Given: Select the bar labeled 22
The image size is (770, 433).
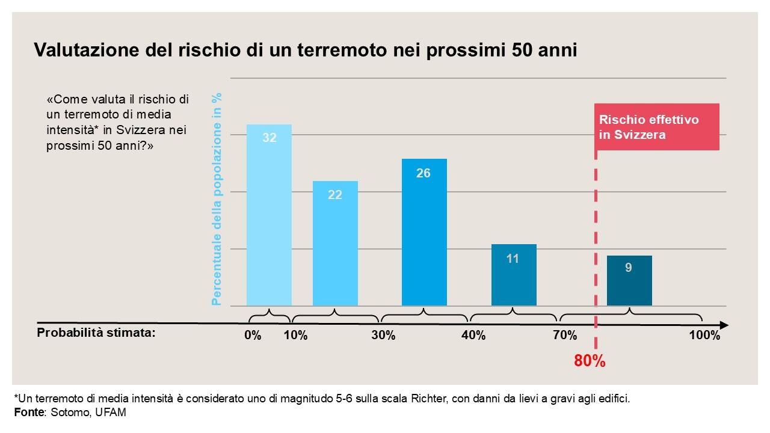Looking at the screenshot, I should (335, 244).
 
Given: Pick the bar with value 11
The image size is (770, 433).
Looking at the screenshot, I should (514, 275).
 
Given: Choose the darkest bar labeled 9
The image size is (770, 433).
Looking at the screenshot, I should (629, 281).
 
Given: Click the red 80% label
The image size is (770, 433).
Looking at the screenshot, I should (590, 361).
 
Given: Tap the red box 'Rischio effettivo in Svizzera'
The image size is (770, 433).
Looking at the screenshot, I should (657, 127).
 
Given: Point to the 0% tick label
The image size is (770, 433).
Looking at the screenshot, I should (253, 336).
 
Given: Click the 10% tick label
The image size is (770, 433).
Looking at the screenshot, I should (295, 336).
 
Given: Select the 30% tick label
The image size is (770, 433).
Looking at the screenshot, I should (383, 336).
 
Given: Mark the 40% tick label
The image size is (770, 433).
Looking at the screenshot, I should (473, 336).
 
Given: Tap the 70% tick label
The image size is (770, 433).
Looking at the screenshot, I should (565, 336).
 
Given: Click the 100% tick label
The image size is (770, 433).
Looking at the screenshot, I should (704, 336).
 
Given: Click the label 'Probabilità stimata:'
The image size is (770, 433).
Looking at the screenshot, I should (96, 333).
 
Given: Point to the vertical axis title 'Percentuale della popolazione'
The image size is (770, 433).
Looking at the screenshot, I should (217, 198).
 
